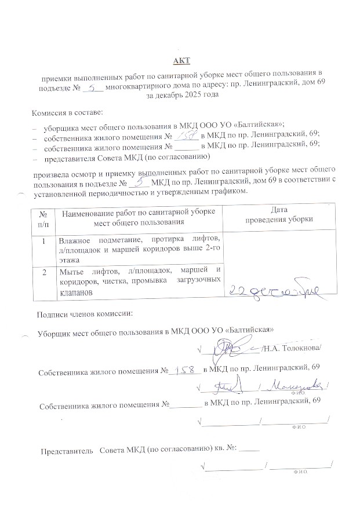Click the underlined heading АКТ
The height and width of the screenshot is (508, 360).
tap(182, 61)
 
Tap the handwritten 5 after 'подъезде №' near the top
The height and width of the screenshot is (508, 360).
tap(93, 87)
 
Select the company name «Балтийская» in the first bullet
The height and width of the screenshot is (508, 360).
tap(262, 124)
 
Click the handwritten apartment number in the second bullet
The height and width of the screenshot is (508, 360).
tap(188, 134)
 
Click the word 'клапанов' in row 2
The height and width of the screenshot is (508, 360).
tap(74, 293)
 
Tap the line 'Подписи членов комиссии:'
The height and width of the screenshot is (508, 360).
tap(85, 315)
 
